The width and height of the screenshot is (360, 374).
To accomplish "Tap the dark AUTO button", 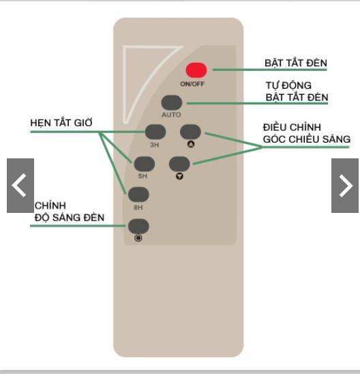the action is (172, 102).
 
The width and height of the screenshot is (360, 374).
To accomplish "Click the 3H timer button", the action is (155, 132).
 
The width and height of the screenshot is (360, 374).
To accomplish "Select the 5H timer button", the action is (145, 164).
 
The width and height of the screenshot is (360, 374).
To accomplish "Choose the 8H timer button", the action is (138, 195).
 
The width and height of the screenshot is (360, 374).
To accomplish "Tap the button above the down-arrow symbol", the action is (179, 164).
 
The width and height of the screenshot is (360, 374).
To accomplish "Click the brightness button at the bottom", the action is (138, 226).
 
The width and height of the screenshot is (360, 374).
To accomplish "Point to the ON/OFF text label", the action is (192, 84).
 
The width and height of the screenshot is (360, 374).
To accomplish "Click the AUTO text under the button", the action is (171, 115).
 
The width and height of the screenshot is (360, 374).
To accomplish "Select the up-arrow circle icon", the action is (191, 144).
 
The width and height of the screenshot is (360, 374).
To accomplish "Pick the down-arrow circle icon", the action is (179, 176).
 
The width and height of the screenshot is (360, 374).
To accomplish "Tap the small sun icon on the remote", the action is (138, 238).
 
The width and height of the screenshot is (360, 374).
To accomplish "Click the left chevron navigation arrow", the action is (20, 186).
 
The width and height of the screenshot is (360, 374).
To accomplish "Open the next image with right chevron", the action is (345, 186).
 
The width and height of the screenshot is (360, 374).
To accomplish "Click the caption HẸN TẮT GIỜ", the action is (61, 123).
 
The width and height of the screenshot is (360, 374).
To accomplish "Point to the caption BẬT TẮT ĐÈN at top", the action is (296, 63).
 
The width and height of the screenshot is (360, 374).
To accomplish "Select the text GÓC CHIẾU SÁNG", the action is (307, 139).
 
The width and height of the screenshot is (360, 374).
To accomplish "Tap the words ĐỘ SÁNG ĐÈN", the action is (70, 217).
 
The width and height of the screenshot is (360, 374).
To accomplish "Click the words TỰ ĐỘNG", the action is (289, 85).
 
